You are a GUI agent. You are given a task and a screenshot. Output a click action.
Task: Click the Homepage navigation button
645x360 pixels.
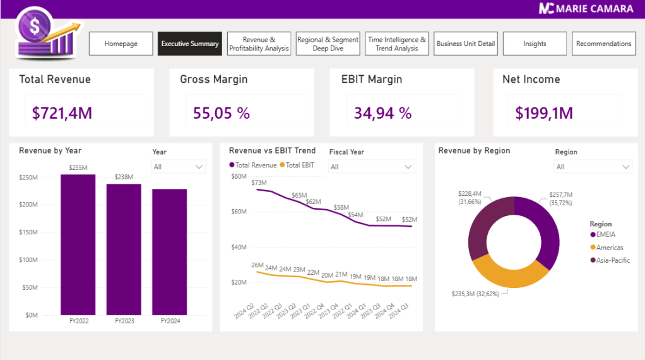[121, 44]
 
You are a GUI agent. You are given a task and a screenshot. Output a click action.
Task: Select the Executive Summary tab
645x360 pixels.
[190, 44]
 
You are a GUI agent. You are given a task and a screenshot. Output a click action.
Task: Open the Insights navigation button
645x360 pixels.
[535, 44]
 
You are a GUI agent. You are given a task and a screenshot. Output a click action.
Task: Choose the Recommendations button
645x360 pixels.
[603, 44]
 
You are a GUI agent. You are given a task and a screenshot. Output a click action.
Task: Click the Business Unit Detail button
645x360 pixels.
[466, 44]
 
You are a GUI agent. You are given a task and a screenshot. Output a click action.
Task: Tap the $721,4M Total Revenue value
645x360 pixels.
[62, 113]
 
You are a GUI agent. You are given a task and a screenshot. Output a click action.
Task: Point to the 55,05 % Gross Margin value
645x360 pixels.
[222, 113]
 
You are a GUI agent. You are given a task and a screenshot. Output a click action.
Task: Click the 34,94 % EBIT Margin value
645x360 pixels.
[382, 113]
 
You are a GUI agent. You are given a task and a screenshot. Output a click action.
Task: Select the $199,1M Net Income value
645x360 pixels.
[544, 113]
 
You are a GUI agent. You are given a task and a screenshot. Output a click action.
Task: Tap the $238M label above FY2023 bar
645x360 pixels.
[124, 177]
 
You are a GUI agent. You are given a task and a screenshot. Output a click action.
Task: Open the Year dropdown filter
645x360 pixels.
[179, 167]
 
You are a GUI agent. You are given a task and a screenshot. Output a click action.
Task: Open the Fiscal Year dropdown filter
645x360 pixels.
[372, 167]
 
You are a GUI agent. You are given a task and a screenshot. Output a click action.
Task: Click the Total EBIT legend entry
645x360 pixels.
[298, 165]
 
